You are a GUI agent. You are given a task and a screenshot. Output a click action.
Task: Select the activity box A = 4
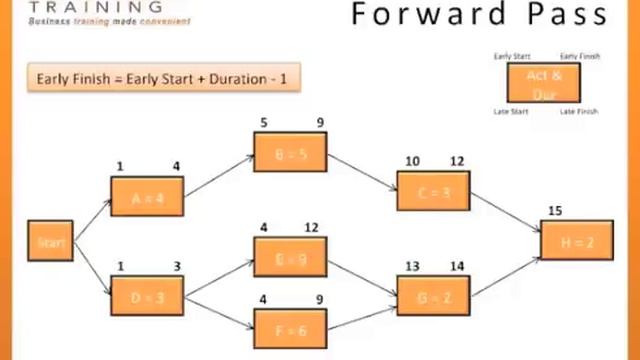coord(147,197)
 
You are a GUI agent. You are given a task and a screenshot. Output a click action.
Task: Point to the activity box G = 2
coord(432,296)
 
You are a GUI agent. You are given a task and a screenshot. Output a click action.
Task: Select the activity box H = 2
coord(576,241)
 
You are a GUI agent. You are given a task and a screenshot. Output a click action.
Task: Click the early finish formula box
coord(163,78)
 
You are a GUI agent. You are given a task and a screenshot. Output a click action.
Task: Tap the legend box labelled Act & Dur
coord(546,82)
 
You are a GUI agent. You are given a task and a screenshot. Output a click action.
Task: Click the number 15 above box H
coord(555,211)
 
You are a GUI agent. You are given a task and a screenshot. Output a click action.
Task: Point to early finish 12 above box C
coord(456,161)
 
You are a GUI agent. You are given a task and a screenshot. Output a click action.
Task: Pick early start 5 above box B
coord(264,124)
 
